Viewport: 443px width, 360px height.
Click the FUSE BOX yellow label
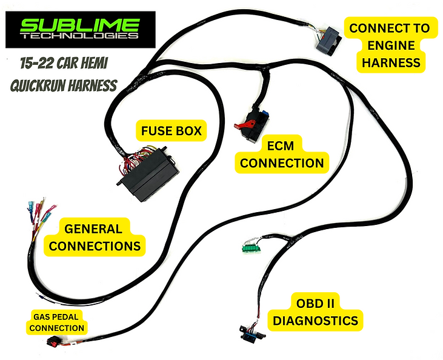[x=172, y=130]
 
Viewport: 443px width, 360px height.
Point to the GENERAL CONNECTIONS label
[x=94, y=237]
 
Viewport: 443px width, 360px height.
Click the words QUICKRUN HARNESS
[x=63, y=85]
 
